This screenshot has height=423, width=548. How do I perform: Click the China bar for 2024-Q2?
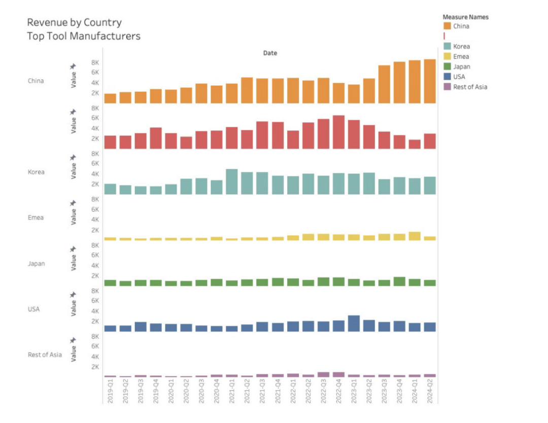[430, 81]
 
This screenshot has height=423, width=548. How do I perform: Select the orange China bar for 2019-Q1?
[110, 98]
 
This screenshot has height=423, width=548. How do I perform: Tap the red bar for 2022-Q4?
[338, 132]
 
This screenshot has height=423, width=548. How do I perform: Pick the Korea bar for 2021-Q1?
[232, 182]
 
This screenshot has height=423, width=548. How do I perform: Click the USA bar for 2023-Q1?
[354, 324]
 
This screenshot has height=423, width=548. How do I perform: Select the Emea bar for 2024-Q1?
[415, 236]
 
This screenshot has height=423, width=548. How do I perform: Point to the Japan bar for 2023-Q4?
[399, 281]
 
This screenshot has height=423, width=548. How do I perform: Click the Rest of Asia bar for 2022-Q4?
[338, 375]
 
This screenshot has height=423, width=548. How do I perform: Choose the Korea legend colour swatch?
[447, 46]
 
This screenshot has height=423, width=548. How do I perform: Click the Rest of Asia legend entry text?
[470, 87]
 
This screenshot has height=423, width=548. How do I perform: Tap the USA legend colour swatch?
[447, 77]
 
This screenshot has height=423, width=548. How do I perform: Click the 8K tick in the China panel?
[95, 62]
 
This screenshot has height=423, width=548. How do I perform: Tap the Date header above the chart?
[270, 53]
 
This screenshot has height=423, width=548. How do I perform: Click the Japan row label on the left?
[36, 263]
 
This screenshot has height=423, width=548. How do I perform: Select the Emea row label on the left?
[36, 218]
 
